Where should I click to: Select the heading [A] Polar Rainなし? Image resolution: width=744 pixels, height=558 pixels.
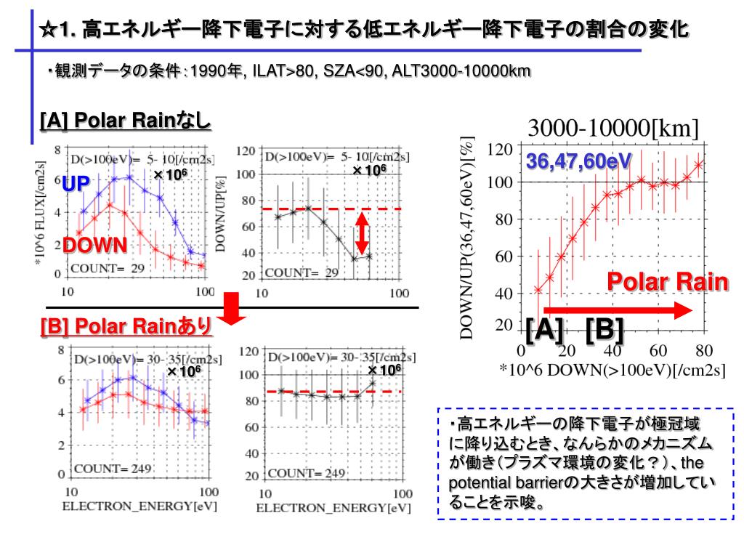point(125,120)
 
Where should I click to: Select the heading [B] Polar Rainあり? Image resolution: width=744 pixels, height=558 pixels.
point(126,326)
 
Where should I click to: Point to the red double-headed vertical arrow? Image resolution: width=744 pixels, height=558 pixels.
point(362,233)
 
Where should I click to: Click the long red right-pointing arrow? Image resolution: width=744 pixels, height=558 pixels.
point(618,310)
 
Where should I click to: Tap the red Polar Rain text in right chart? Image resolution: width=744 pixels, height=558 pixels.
point(668,281)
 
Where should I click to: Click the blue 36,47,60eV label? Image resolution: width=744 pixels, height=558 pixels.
point(578,161)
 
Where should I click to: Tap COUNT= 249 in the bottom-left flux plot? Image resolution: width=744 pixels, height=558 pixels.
point(111,469)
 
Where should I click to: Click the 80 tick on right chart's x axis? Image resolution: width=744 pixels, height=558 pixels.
point(703,350)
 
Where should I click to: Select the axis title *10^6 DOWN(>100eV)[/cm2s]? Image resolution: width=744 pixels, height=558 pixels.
point(612,369)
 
